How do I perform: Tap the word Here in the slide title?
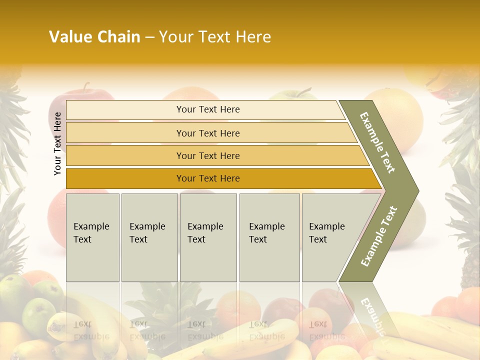(253, 37)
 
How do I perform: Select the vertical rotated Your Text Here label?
(57, 143)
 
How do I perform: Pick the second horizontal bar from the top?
(208, 133)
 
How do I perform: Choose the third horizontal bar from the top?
(208, 155)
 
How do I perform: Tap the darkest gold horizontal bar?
(208, 178)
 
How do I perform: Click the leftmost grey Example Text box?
(92, 237)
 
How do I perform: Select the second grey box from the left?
(149, 237)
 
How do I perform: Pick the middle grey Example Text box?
(208, 237)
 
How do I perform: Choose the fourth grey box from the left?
(269, 237)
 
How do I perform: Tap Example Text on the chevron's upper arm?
(377, 142)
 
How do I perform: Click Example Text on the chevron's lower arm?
(379, 236)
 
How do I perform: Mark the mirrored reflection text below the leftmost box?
(91, 330)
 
